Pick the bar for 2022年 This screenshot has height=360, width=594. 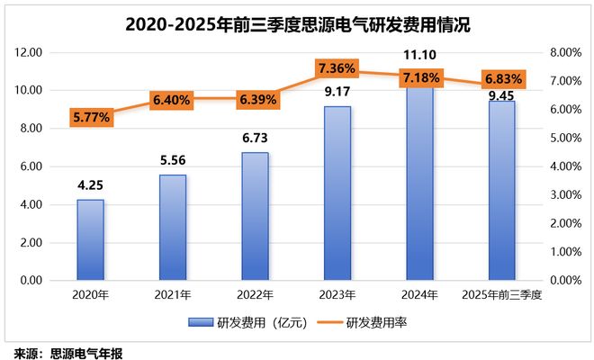255,216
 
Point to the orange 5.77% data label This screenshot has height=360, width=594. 91,116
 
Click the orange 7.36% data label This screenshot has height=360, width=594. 337,68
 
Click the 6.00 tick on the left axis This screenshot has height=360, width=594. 30,166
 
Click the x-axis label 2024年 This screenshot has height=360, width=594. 419,294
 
